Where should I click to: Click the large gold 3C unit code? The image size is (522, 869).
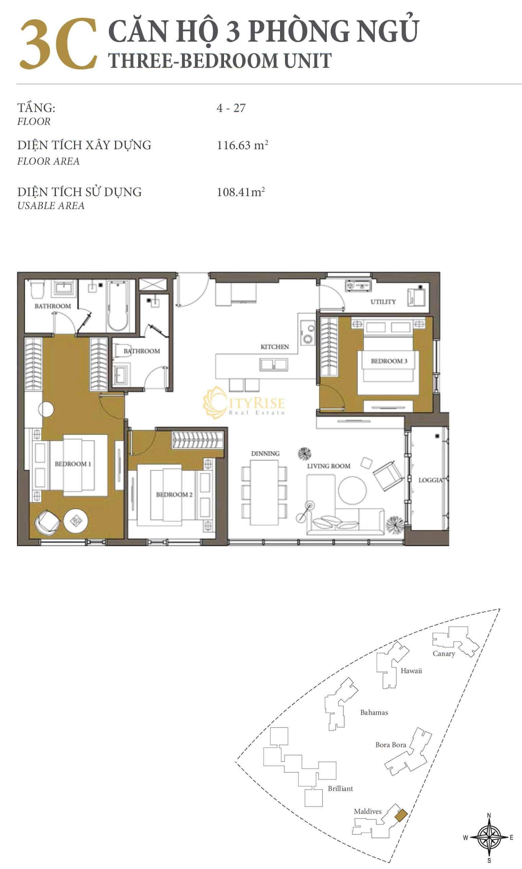[x=58, y=43]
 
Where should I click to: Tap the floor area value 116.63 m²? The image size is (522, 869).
[x=242, y=145]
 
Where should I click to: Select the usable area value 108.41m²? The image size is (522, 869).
[x=240, y=191]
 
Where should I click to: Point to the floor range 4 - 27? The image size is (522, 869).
[x=231, y=108]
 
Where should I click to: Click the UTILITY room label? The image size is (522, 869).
[x=383, y=302]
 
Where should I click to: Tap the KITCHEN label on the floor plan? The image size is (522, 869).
[x=275, y=347]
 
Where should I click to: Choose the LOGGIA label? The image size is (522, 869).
[x=430, y=480]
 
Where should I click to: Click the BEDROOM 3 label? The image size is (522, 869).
[x=389, y=361]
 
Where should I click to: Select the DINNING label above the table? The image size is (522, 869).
[x=265, y=454]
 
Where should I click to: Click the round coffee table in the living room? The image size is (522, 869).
[x=352, y=490]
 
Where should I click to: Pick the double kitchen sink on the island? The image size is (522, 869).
[x=274, y=365]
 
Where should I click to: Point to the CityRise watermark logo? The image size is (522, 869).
[x=244, y=403]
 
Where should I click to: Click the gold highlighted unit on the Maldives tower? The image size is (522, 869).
[x=401, y=815]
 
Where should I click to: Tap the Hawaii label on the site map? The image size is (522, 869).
[x=411, y=671]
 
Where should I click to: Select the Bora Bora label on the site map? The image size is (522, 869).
[x=391, y=744]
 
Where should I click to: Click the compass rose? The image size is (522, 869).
[x=489, y=837]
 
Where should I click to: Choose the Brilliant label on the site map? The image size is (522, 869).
[x=340, y=789]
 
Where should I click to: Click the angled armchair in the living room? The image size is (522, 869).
[x=388, y=476]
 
